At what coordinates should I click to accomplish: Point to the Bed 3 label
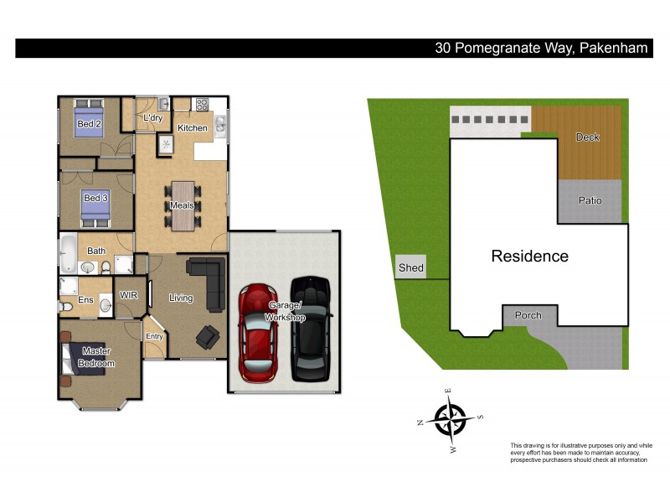pos(94,199)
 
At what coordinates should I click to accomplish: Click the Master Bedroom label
pos(96,357)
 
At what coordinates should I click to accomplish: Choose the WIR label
pos(128,295)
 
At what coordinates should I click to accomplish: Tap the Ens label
pos(85,299)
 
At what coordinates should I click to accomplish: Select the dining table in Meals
pos(182,205)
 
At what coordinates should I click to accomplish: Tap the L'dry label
pos(152,119)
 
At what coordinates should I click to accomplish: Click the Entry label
pos(155,336)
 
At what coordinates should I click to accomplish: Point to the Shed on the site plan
pos(410,268)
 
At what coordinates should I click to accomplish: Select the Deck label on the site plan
pos(588,137)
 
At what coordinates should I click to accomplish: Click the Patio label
pos(590,200)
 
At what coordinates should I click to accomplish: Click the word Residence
pos(529,257)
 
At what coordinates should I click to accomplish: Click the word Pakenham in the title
pos(614,48)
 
